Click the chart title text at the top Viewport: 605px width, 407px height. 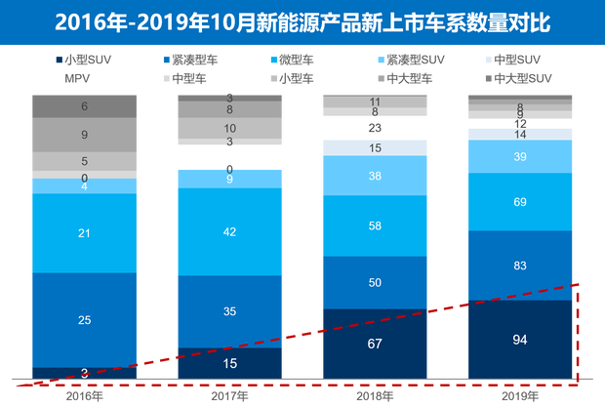point(302,21)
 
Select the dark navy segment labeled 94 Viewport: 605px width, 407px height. point(519,340)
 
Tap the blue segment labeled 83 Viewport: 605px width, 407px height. point(519,265)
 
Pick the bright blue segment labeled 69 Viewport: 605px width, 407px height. point(519,202)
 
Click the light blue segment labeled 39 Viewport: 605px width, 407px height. point(519,157)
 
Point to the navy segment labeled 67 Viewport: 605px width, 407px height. point(375,344)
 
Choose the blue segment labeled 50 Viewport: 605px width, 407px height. point(375,282)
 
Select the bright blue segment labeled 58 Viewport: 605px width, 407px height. point(375,225)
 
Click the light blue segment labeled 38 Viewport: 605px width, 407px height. point(375,176)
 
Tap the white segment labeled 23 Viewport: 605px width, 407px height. point(375,127)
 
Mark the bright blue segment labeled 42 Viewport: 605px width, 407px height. point(228,232)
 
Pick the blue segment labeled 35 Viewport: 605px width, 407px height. point(228,312)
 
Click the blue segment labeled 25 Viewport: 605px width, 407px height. point(85,320)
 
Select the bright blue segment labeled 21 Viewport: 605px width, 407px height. point(85,233)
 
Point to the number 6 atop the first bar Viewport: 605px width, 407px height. point(85,106)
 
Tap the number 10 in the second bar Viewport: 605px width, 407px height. point(228,128)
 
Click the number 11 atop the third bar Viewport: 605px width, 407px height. point(375,102)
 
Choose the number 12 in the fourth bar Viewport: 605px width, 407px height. point(519,124)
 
